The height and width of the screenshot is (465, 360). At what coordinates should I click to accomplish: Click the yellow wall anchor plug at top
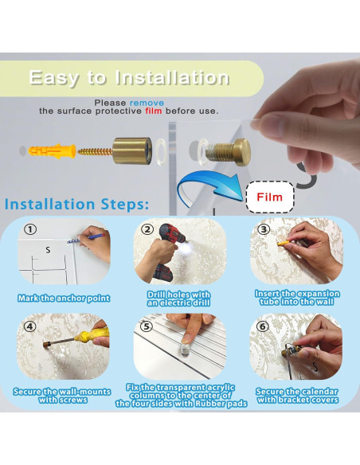(x=52, y=151)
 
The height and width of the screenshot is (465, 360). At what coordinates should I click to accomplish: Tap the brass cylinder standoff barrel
(x=132, y=150)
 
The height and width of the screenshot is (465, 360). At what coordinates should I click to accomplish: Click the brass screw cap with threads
(x=229, y=152)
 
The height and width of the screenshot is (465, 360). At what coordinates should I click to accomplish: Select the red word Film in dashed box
(x=269, y=197)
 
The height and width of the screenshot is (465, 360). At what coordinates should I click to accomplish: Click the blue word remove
(x=147, y=103)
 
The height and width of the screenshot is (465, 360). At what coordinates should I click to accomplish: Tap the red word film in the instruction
(x=154, y=111)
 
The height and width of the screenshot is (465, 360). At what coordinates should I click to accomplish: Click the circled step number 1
(x=30, y=229)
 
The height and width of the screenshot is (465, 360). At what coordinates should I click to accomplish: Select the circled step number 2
(x=147, y=229)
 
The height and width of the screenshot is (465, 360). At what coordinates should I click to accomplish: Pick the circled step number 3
(x=264, y=229)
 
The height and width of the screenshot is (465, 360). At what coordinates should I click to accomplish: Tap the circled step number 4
(x=29, y=326)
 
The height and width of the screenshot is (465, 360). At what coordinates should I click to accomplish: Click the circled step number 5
(x=146, y=326)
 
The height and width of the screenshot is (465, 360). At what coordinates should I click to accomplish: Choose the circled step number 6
(x=263, y=326)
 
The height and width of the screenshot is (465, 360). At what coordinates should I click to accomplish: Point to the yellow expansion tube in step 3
(x=284, y=244)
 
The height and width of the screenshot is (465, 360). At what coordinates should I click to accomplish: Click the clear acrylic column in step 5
(x=185, y=350)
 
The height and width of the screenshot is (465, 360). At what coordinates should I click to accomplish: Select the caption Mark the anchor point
(x=64, y=298)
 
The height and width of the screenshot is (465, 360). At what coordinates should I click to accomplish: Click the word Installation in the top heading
(x=172, y=78)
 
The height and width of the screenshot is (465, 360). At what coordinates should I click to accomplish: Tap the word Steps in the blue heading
(x=125, y=205)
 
